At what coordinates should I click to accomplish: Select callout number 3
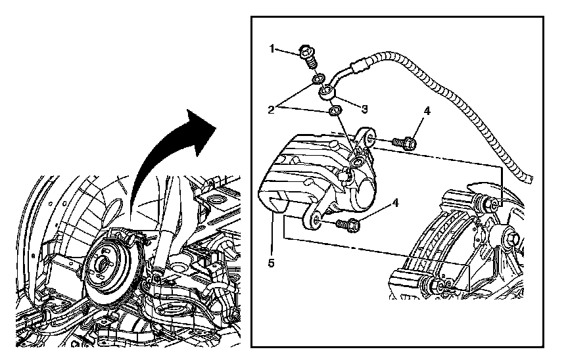364,106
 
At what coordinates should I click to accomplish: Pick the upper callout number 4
426,112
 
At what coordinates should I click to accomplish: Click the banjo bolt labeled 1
308,53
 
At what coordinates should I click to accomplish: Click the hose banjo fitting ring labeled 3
327,94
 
